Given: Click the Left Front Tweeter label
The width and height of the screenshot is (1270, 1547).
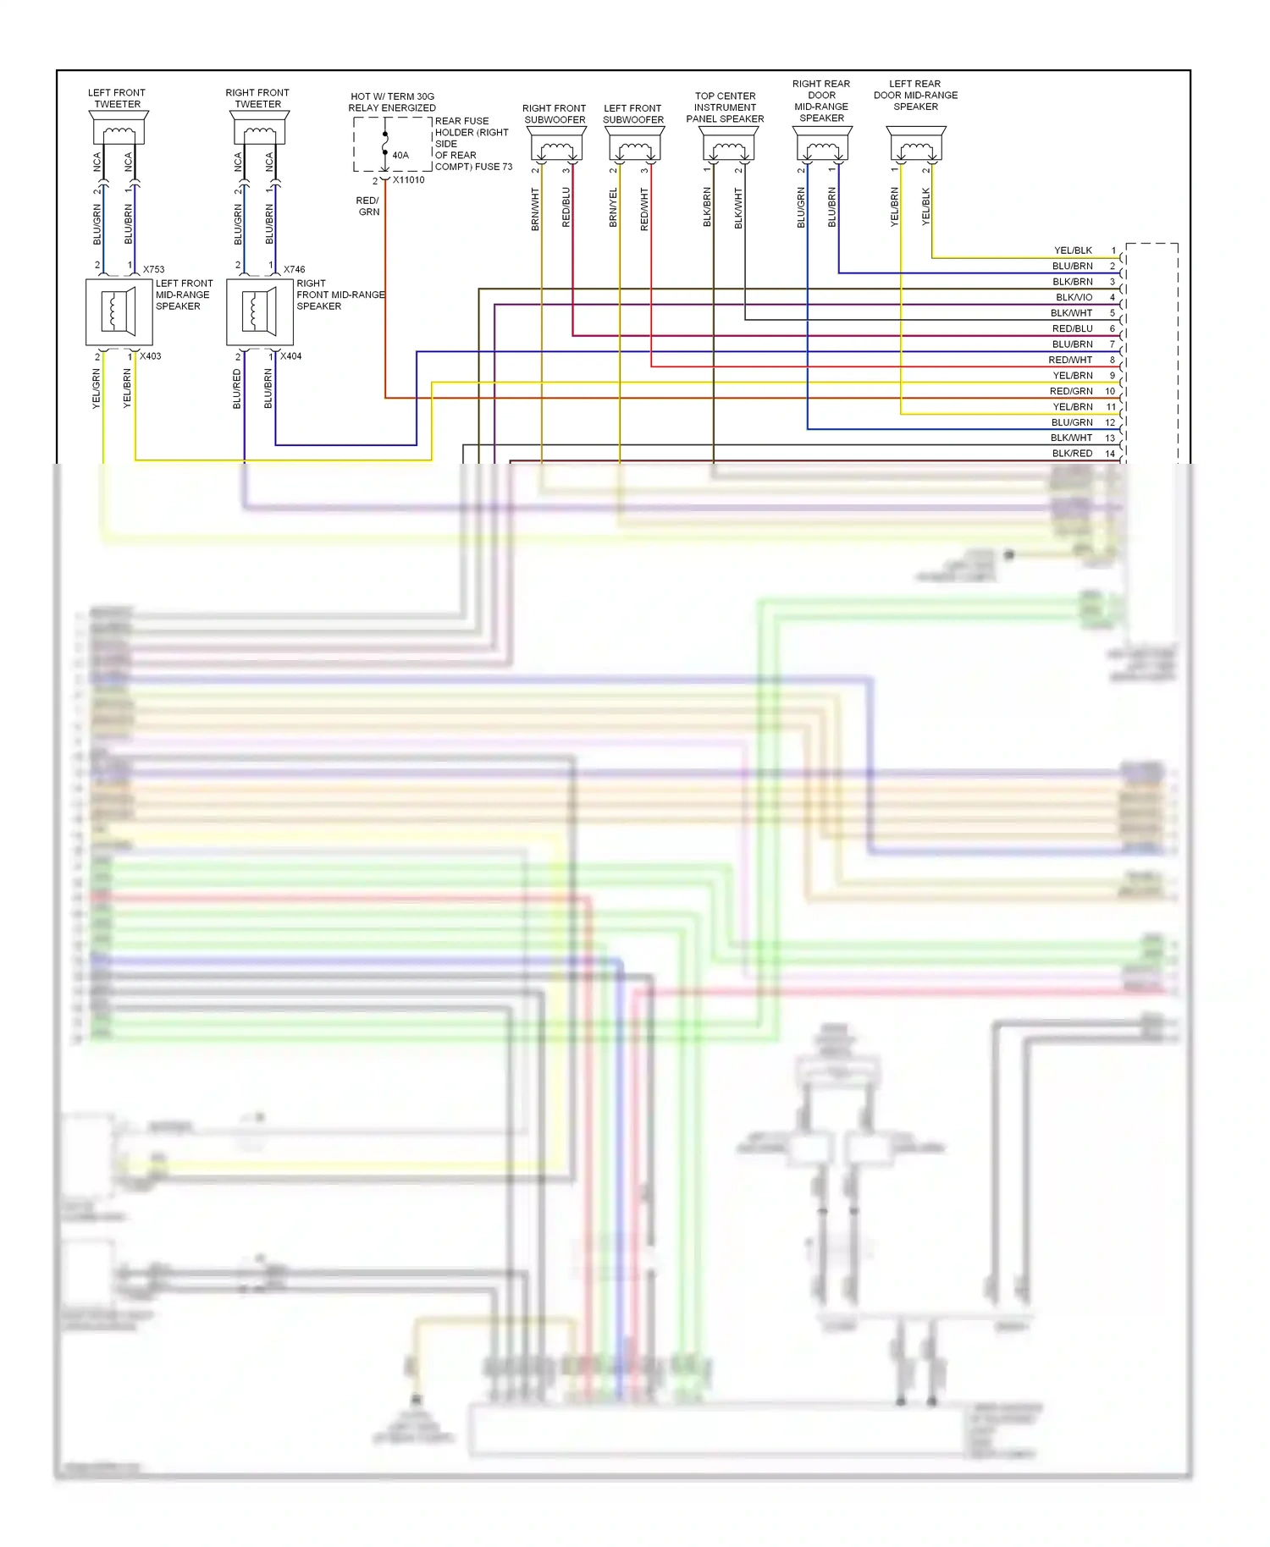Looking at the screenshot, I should coord(117,98).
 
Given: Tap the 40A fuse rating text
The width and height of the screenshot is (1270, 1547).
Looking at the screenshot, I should coord(400,156).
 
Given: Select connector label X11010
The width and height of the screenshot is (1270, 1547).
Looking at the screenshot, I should coord(409,180).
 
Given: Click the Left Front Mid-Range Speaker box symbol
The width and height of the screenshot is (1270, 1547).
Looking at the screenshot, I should coord(119,312).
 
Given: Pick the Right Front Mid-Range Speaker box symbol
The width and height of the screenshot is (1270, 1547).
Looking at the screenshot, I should coord(259,312).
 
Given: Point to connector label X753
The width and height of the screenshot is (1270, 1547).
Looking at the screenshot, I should coord(153,269).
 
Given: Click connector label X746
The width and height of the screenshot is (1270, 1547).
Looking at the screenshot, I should coord(294,269).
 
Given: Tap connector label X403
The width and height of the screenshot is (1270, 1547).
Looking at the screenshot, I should coord(150,356).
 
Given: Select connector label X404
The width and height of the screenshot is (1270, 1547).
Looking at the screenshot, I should coord(290,356).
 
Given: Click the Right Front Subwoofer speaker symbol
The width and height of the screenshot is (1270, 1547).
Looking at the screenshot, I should coord(555,145).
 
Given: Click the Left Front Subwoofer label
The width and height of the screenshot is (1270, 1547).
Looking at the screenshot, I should coord(632,113).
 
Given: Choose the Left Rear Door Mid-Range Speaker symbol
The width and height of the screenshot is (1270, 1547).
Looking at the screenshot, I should coord(915,145).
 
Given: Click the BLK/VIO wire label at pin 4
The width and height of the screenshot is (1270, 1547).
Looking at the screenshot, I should coord(1074,297).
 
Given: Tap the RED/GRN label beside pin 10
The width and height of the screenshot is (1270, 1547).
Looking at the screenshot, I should coord(1071,391).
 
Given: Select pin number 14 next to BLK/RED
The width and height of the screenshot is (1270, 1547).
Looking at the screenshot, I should coord(1110,454).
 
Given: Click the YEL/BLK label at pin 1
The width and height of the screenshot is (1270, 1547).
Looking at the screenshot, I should coord(1073,250).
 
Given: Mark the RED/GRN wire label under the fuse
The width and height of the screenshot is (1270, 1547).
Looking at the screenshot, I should coord(368,206).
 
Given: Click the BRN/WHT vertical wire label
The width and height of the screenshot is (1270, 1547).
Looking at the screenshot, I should coord(535,209).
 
